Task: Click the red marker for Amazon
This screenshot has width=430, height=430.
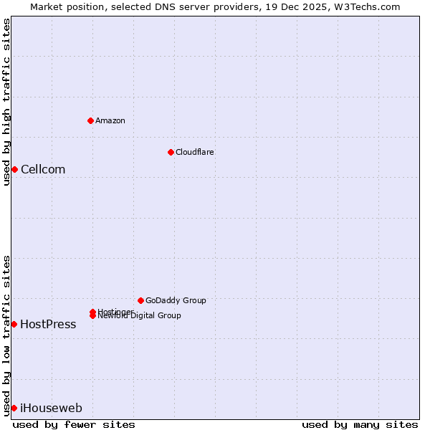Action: pos(91,120)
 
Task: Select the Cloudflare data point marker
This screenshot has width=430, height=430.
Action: pos(171,152)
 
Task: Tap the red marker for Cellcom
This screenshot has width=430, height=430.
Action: pos(14,169)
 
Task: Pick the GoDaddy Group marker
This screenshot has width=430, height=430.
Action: pos(140,300)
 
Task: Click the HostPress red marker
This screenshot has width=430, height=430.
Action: pos(14,324)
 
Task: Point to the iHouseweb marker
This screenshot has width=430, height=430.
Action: pos(14,408)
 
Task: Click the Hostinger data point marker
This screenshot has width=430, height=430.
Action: pos(92,312)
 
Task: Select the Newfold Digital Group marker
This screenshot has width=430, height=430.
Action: pos(92,316)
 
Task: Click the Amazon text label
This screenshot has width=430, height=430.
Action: pos(110,120)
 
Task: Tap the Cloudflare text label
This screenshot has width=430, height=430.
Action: pos(195,152)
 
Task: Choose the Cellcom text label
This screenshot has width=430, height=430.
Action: pos(43,169)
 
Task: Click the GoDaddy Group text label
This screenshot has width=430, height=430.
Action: pos(176,300)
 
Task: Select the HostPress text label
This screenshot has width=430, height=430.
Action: pos(48,324)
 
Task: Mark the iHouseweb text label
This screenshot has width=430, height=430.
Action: pos(51,408)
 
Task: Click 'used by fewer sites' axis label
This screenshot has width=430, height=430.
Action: pos(74,424)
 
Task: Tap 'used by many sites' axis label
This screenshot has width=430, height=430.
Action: pos(360,424)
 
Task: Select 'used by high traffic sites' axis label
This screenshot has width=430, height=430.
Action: pos(6,102)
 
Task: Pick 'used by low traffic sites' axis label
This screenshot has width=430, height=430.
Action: pos(6,335)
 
